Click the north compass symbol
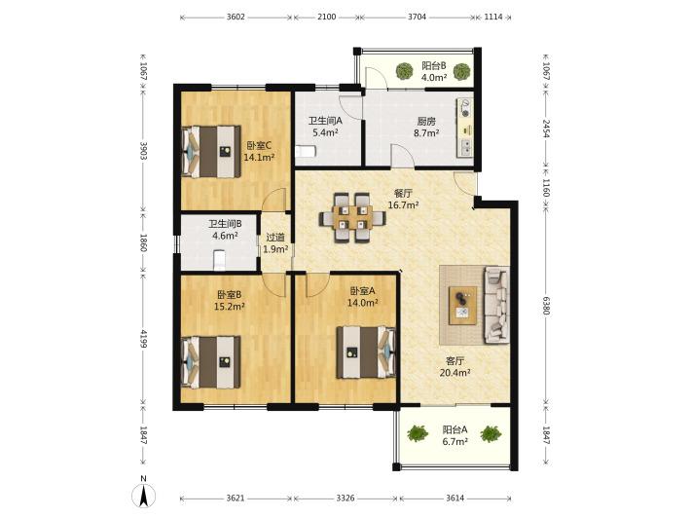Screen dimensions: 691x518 point(144,493)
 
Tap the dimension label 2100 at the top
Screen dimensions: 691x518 point(327,18)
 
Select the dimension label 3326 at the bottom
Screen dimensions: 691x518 point(345,499)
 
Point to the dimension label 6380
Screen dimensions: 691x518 point(546,306)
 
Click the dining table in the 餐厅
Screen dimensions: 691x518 point(352,217)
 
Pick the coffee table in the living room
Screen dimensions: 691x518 point(462,305)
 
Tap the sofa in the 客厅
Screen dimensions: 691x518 point(497,305)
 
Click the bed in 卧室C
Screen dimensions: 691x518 point(211,152)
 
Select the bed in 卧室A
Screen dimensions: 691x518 point(366,352)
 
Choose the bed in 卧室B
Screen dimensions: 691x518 point(211,362)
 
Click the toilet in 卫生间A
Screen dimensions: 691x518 point(306,152)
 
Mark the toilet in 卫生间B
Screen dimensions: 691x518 point(219,260)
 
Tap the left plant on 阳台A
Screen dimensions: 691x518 point(418,434)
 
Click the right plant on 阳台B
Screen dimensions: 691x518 point(461,71)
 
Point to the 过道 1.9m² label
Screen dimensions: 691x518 point(275,243)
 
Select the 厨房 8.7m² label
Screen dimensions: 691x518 point(426,127)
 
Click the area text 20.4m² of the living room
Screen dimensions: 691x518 point(455,373)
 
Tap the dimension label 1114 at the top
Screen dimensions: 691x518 point(493,18)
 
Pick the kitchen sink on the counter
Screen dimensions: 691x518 point(466,147)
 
